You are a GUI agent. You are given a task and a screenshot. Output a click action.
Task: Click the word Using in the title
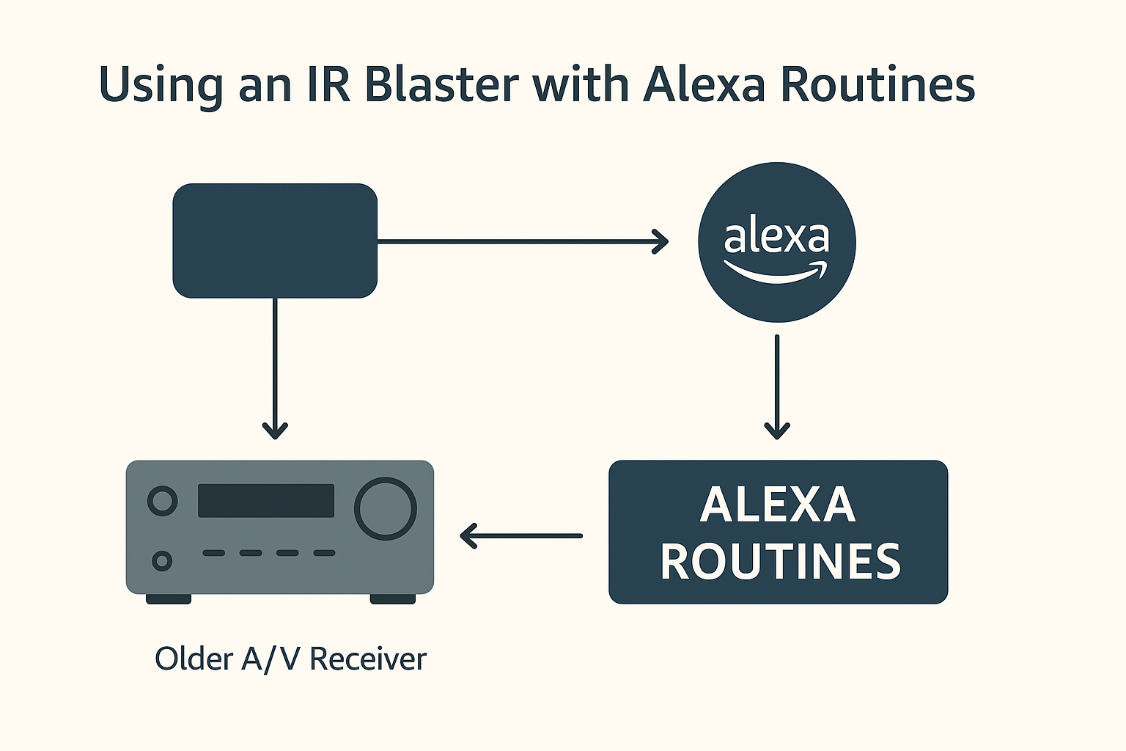[x=161, y=85]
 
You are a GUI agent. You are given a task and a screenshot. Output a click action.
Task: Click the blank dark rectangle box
[x=275, y=241]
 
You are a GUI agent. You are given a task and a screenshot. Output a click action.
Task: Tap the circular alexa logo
[x=777, y=242]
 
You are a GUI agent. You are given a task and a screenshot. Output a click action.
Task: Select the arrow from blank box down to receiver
[x=275, y=367]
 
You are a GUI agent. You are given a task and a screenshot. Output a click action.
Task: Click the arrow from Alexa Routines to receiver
[x=521, y=535]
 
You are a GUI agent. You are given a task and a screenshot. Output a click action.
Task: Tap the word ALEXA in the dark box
[x=778, y=505]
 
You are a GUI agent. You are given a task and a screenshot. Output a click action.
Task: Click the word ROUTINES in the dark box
[x=780, y=562]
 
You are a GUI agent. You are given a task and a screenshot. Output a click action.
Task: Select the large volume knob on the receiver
[x=386, y=508]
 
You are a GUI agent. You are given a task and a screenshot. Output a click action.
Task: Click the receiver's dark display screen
[x=266, y=500]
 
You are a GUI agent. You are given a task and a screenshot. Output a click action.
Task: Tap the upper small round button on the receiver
[x=162, y=502]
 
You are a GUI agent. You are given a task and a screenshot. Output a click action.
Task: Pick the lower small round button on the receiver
[x=162, y=561]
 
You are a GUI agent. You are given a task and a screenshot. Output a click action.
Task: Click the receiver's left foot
[x=169, y=599]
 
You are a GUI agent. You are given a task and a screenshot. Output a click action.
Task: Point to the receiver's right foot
[x=393, y=599]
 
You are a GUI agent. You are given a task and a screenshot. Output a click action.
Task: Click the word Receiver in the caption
[x=368, y=659]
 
